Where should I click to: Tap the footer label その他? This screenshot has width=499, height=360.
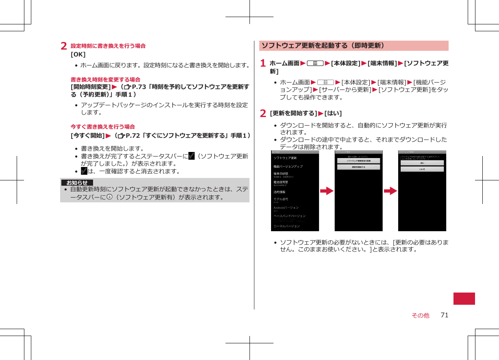click(x=420, y=315)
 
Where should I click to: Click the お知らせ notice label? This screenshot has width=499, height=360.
click(x=77, y=182)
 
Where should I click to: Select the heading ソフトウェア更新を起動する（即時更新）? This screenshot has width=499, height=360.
click(x=323, y=46)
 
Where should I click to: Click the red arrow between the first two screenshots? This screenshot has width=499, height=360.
click(x=327, y=191)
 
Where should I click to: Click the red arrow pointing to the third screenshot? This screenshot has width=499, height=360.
click(x=390, y=191)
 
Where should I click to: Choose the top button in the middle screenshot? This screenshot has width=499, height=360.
click(x=358, y=161)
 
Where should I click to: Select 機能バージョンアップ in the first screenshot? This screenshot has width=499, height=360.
click(x=288, y=166)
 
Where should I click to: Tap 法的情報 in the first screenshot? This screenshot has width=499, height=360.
click(x=279, y=192)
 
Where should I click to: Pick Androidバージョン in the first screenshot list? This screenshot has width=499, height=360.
click(x=286, y=207)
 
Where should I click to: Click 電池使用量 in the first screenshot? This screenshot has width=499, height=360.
click(x=280, y=182)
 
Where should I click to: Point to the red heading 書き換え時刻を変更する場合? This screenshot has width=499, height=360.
click(x=106, y=79)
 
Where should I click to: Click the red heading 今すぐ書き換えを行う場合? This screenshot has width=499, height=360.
click(x=103, y=127)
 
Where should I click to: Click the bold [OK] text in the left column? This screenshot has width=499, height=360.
click(x=78, y=54)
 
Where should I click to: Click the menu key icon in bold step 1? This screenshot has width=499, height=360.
click(x=315, y=63)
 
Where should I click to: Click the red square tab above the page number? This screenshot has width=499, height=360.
click(x=464, y=298)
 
